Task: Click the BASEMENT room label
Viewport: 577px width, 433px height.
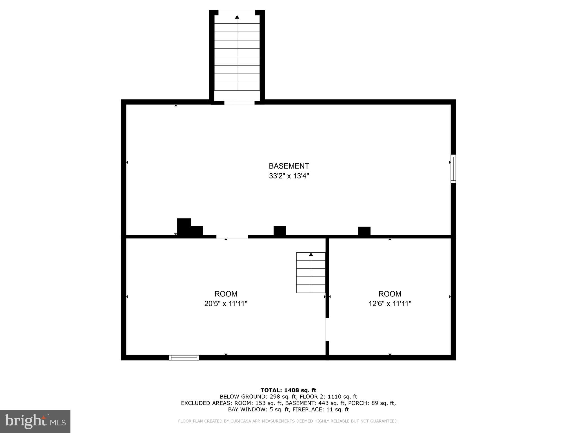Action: (x=289, y=166)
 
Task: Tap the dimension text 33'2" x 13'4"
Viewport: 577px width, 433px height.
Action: (x=289, y=176)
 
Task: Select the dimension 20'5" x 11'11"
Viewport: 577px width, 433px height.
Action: (x=226, y=304)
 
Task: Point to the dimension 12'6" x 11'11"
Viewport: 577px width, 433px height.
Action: (x=390, y=304)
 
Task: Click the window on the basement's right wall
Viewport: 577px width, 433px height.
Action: (x=453, y=169)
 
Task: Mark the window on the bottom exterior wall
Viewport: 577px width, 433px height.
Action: (x=184, y=358)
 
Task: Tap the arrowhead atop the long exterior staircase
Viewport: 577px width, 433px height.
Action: (x=237, y=17)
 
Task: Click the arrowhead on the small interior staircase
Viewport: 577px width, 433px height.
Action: (x=311, y=254)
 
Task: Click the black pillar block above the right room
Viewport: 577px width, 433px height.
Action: (x=364, y=231)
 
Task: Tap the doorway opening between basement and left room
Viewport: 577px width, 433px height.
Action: (x=232, y=237)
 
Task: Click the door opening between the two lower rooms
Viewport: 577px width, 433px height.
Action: (x=327, y=329)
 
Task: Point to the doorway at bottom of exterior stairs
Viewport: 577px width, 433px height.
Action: (x=239, y=103)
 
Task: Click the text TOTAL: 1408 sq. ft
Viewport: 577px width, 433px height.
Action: (x=288, y=390)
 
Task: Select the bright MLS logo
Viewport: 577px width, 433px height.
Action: (x=35, y=421)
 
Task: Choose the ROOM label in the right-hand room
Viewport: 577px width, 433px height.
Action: (x=390, y=294)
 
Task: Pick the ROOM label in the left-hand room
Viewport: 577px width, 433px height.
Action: (x=226, y=294)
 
